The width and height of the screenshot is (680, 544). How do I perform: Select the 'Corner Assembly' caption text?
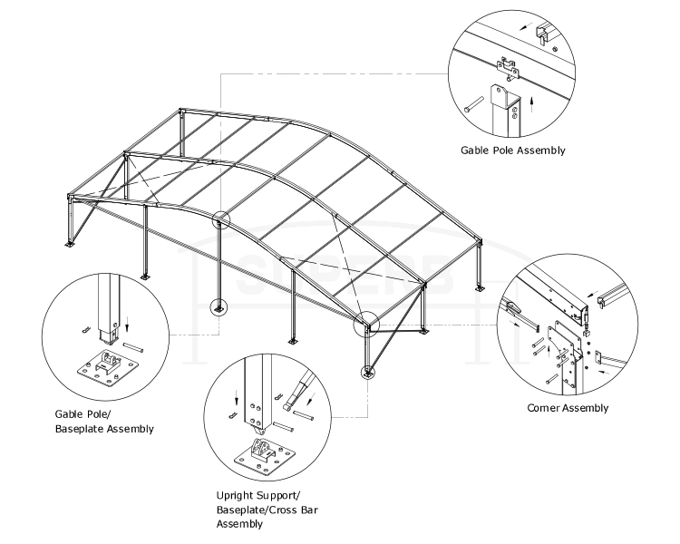point(568,408)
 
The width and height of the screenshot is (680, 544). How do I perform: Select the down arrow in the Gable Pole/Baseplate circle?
point(126,320)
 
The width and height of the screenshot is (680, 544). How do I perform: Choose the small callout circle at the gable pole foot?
point(218,307)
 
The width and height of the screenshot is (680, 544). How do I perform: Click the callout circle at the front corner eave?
point(368,321)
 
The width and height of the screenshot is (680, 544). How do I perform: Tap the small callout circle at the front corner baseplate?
point(368,372)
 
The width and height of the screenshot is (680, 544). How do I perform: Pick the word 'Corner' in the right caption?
point(546,408)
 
